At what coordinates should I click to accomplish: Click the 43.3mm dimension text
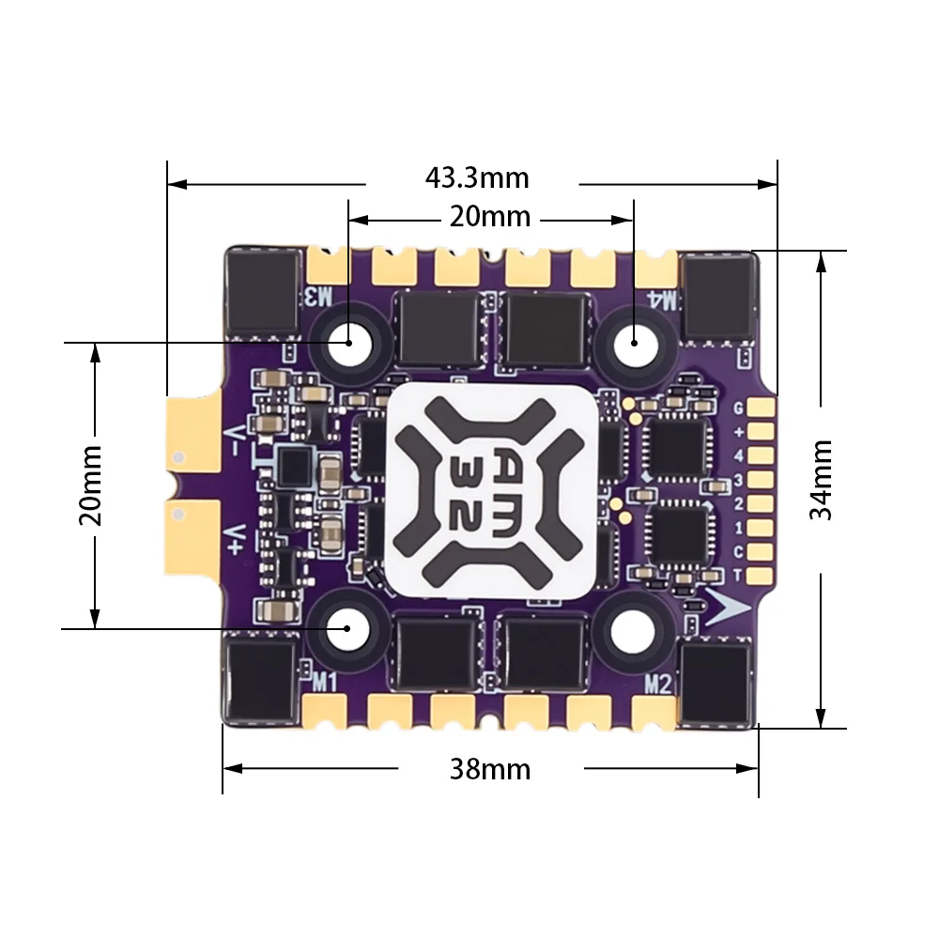tap(476, 177)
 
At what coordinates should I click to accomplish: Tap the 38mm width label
tap(489, 769)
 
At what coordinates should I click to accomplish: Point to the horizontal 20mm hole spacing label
tap(489, 217)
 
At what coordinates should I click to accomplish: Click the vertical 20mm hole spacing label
tap(91, 485)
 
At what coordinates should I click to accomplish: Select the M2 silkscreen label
tap(657, 684)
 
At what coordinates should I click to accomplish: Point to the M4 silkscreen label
tap(662, 300)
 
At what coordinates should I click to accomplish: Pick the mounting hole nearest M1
tap(347, 627)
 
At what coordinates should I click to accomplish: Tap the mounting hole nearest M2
tap(629, 627)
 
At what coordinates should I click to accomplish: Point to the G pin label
tap(738, 408)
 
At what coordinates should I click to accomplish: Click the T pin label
tap(738, 575)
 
